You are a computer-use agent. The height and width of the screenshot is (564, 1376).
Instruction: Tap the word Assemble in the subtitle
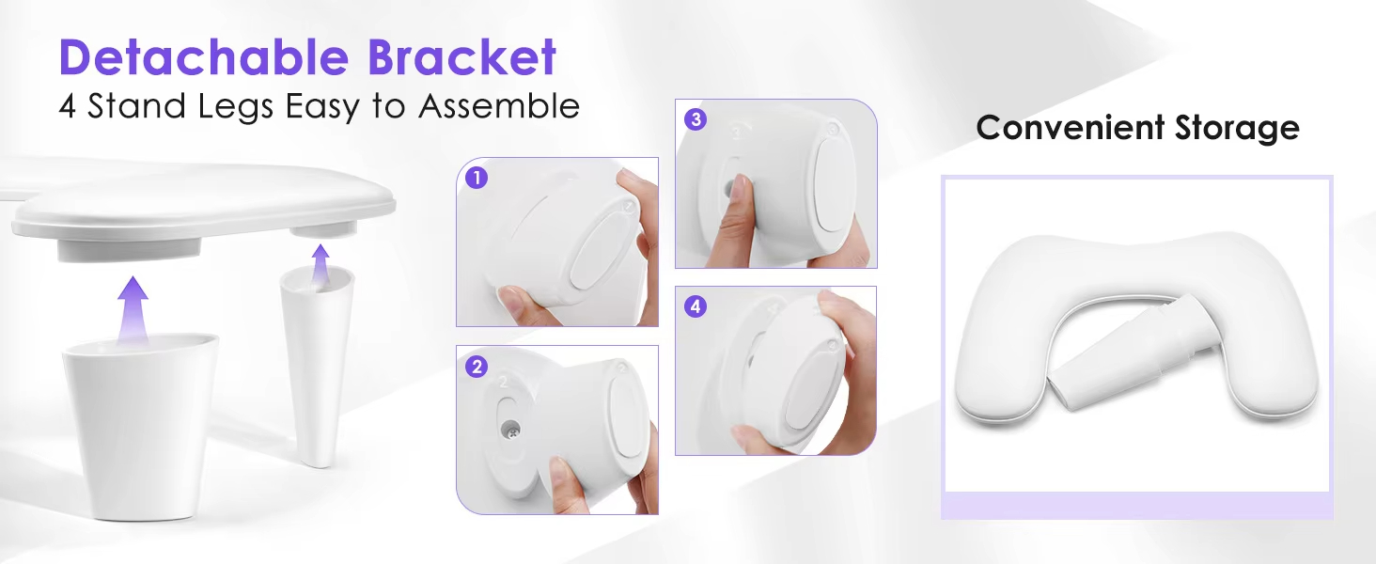pyautogui.click(x=498, y=106)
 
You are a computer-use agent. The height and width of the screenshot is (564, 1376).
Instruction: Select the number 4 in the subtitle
pyautogui.click(x=67, y=106)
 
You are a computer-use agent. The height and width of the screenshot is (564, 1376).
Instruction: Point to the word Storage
pyautogui.click(x=1237, y=127)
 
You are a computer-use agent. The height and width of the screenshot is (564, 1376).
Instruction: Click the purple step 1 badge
pyautogui.click(x=477, y=178)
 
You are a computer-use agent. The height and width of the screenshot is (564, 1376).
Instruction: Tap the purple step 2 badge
pyautogui.click(x=477, y=367)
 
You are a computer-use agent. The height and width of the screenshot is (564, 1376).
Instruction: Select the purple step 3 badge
pyautogui.click(x=696, y=119)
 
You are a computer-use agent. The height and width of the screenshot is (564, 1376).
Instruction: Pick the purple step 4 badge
pyautogui.click(x=696, y=306)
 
